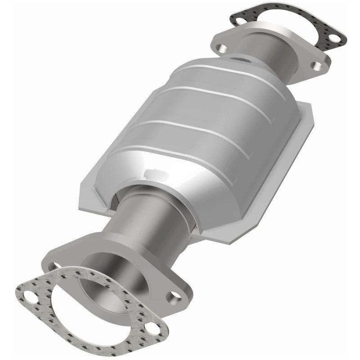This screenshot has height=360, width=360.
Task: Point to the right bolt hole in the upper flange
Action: (319, 66)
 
